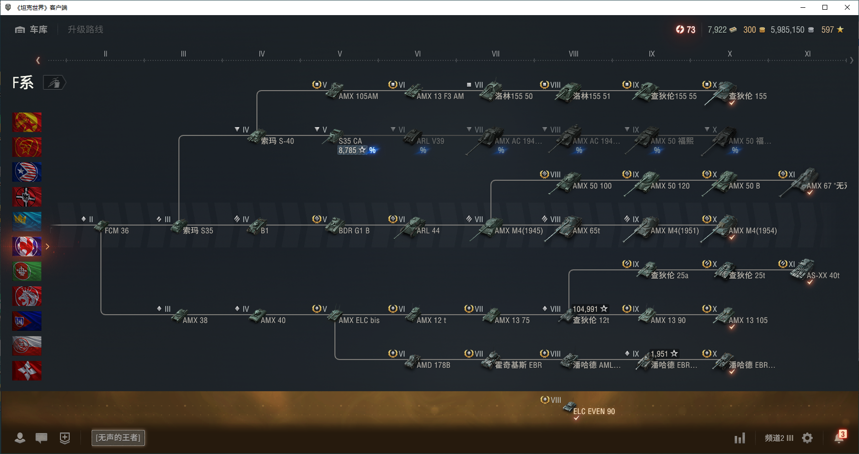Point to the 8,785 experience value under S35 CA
tap(348, 150)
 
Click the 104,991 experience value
tap(586, 309)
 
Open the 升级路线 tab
tap(85, 30)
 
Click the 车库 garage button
tap(32, 30)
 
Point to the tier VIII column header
tap(573, 54)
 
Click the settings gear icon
tap(807, 438)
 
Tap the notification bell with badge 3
tap(839, 437)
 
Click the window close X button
tap(847, 7)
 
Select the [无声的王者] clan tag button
tap(118, 437)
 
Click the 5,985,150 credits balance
tap(787, 30)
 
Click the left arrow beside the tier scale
tap(38, 60)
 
